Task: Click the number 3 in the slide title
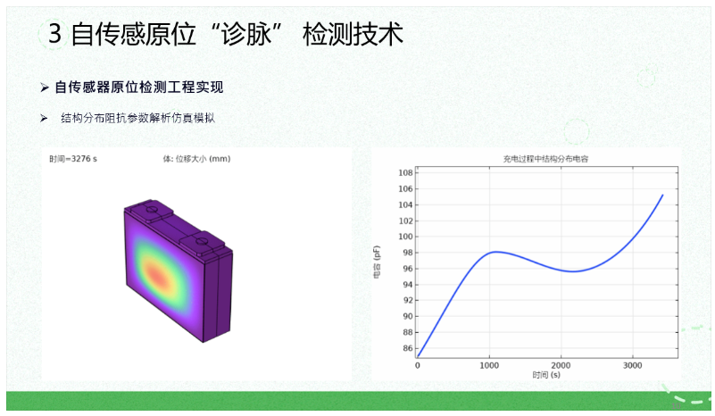54,34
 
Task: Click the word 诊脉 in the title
246,34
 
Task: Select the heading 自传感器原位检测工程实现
139,87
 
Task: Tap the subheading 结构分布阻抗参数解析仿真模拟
137,118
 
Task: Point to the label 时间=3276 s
73,159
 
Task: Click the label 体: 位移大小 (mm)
196,159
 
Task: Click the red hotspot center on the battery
156,275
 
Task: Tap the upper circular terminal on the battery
152,210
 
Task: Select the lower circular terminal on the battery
200,241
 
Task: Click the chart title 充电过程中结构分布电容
545,159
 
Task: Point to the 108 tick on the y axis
405,173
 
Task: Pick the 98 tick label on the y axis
408,253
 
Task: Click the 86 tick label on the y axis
408,348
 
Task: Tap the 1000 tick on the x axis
489,365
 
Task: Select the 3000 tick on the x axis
633,365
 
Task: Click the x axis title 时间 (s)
546,375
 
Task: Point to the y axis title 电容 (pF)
377,262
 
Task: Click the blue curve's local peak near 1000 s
495,252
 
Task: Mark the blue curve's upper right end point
662,195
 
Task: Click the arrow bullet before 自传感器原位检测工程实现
45,87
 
